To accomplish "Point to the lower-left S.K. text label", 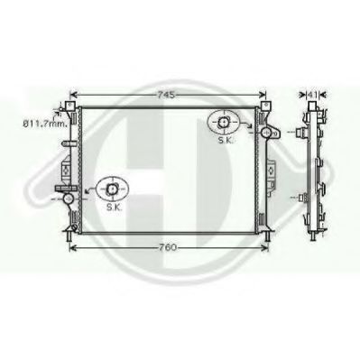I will pos(113,206).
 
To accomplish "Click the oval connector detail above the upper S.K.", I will pos(222,120).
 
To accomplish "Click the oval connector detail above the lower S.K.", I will pos(112,189).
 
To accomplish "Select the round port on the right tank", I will pos(264,132).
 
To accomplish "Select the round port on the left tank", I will pos(67,195).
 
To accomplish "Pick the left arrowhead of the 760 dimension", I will pos(72,246).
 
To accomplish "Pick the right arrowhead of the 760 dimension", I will pos(268,246).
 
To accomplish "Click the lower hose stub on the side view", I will pos(301,194).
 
